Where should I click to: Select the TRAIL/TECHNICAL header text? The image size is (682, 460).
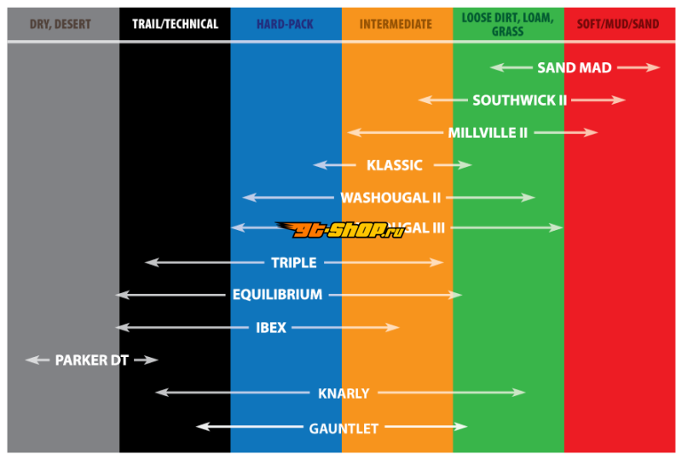coord(175,24)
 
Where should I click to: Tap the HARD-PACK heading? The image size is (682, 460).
coord(285,24)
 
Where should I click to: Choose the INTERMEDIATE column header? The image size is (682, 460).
coord(396,24)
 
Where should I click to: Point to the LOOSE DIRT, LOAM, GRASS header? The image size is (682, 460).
coord(507,24)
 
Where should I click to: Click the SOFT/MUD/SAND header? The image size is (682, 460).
coord(618,24)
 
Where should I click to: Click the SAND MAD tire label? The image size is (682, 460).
coord(574,68)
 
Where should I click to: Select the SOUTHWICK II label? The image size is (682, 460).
coord(519,101)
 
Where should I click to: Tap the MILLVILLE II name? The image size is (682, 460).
coord(488,133)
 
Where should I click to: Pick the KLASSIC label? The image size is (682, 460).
coord(394,165)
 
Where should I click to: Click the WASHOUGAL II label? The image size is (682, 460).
coord(390,198)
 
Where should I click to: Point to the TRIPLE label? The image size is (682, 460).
coord(293,262)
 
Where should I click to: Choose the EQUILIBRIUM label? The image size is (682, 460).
coord(277,295)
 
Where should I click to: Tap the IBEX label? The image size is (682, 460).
coord(271,327)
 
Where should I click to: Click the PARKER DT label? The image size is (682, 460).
coord(91,360)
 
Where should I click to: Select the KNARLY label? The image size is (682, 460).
coord(344,394)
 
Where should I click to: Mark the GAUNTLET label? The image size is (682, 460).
coord(344,428)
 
